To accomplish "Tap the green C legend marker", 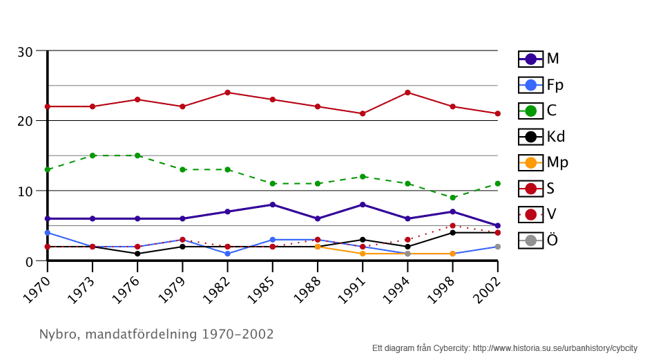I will tap(530, 111).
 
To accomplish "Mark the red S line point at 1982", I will tap(227, 93).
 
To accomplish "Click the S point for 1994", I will tap(407, 93).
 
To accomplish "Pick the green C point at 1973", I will tap(93, 155).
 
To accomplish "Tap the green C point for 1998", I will tap(452, 198).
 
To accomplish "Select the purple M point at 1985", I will tap(273, 205).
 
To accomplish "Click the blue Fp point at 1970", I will tap(48, 233).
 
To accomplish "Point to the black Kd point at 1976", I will tap(137, 254).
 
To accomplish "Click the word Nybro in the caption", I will tap(57, 334).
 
